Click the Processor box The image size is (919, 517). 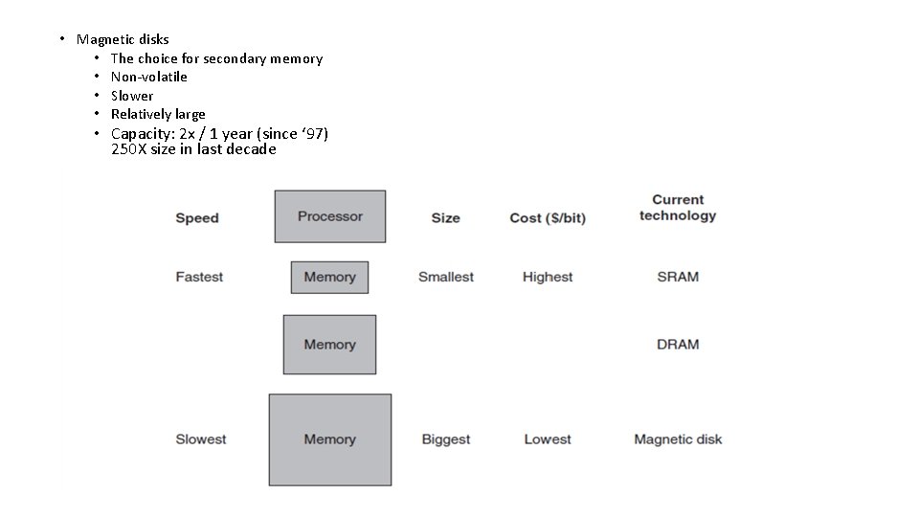[330, 216]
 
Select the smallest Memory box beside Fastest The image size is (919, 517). [329, 278]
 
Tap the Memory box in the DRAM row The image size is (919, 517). [329, 345]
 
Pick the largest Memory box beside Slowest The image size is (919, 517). [329, 439]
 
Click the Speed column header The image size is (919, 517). [197, 218]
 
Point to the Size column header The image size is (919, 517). [445, 218]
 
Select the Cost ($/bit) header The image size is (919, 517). [548, 218]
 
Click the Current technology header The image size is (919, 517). [678, 208]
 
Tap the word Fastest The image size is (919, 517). [199, 278]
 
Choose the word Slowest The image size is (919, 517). [201, 439]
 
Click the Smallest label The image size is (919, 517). [446, 278]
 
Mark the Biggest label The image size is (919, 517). [446, 439]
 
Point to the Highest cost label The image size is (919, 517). [548, 278]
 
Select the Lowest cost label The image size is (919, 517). [548, 439]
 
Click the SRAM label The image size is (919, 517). [678, 278]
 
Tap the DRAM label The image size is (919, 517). [678, 345]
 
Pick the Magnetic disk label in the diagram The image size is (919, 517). [678, 439]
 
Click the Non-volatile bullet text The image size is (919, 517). [149, 77]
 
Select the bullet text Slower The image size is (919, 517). [132, 96]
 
